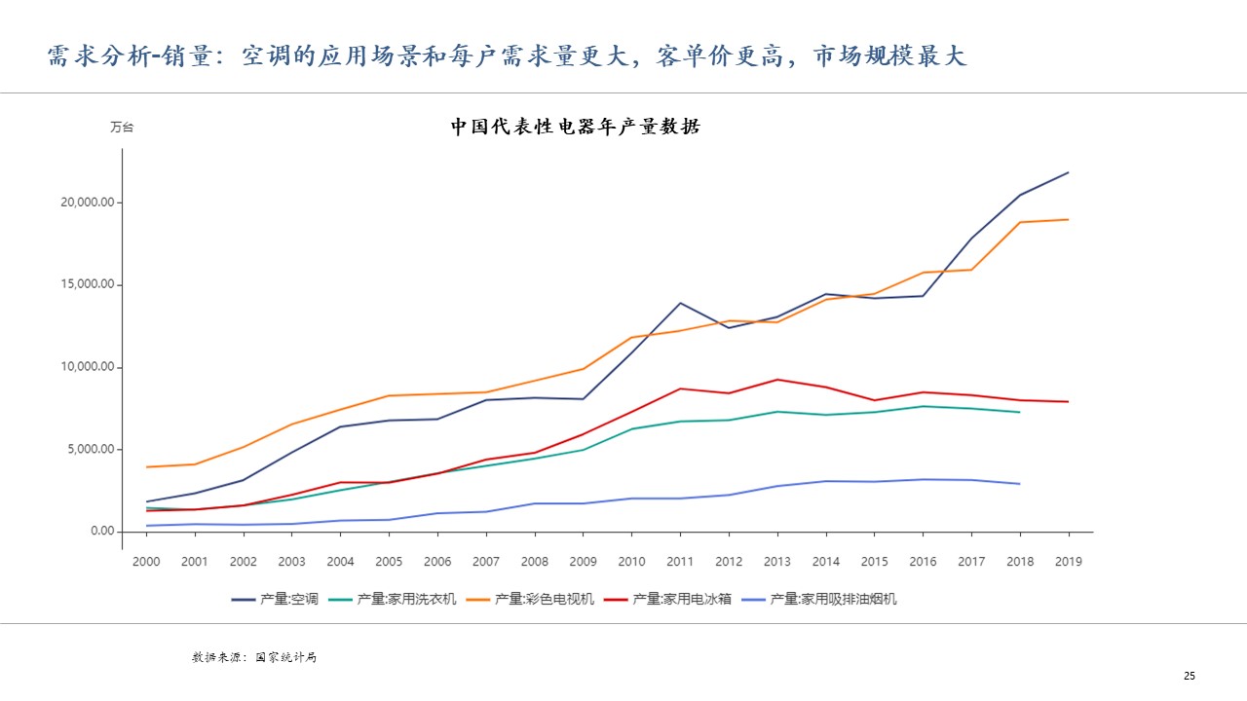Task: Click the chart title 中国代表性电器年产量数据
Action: [x=575, y=127]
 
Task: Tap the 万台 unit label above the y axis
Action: [x=122, y=128]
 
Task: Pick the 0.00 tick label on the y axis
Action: [x=101, y=532]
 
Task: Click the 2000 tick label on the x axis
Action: [x=146, y=562]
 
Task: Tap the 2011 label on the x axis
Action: [x=680, y=562]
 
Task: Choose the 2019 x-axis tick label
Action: [x=1069, y=562]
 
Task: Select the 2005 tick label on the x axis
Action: [x=389, y=562]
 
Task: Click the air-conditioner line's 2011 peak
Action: [x=680, y=303]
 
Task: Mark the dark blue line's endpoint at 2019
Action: [x=1069, y=172]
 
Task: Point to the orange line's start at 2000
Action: [x=146, y=467]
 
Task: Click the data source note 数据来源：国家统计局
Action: [x=254, y=657]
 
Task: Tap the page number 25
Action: [x=1190, y=676]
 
